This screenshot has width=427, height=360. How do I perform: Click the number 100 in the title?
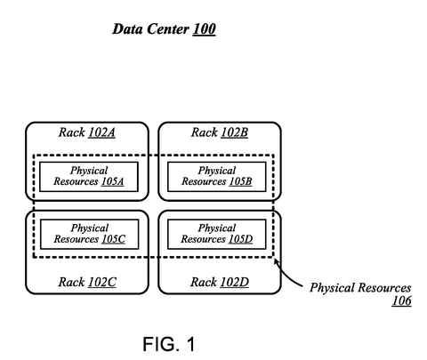pos(204,29)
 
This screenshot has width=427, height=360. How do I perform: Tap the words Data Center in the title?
pos(150,29)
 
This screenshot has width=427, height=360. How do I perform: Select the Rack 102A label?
pos(87,132)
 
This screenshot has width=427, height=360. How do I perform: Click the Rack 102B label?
pos(220,132)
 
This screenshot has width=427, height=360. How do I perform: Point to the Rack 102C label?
pos(87,282)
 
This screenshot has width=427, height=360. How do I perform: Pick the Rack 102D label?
pos(220,282)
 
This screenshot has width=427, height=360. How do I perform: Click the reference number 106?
pos(401,300)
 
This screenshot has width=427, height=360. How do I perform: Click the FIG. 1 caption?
pos(169,344)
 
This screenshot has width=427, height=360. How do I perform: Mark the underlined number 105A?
pos(112,181)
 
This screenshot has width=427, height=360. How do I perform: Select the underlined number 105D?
pos(240,239)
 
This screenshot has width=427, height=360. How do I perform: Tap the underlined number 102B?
pos(234,132)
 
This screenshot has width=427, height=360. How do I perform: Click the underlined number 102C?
pos(102,282)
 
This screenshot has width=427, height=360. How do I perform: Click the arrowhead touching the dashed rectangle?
pos(276,261)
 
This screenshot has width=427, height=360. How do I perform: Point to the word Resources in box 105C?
pos(77,239)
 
